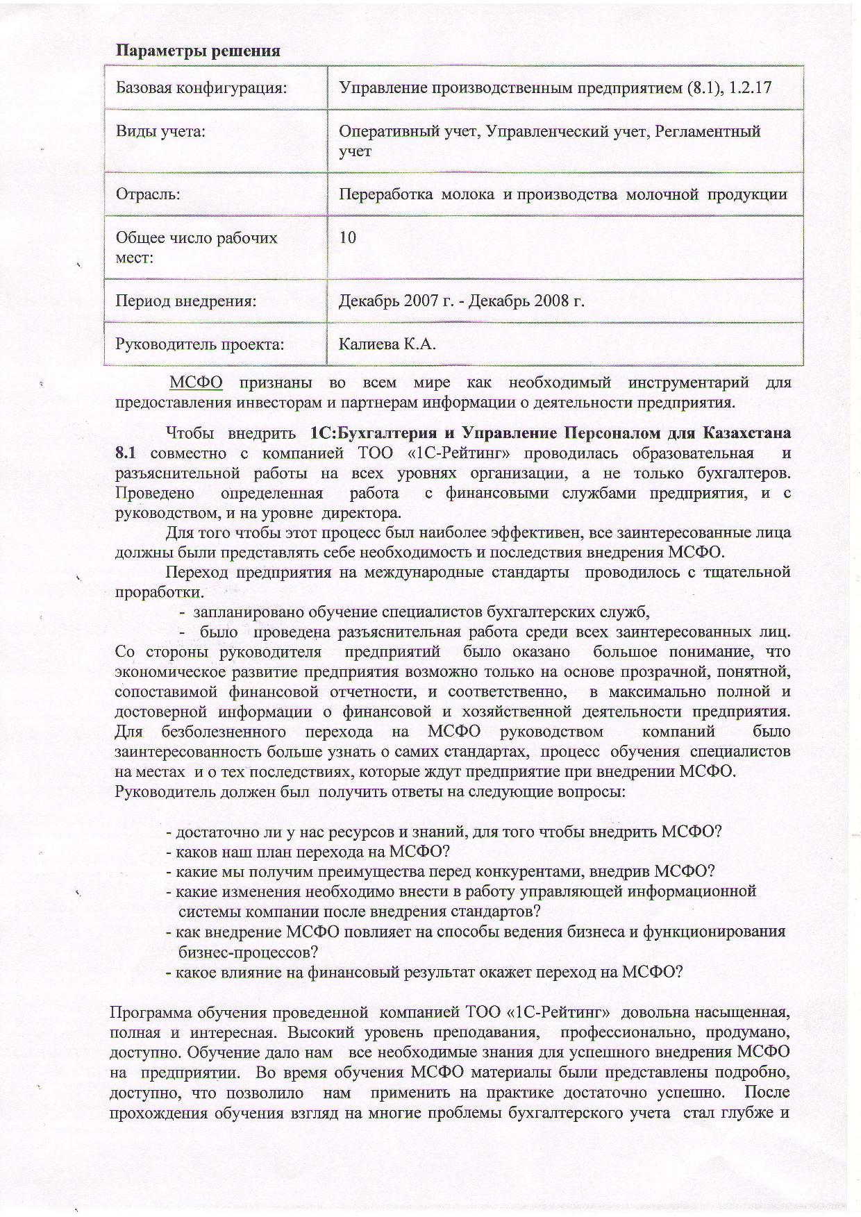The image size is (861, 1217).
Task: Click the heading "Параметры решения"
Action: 198,51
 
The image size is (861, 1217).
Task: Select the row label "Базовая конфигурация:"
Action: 201,88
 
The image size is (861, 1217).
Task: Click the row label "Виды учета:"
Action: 160,131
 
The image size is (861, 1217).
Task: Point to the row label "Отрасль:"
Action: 148,194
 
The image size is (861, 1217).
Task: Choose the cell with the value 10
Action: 348,237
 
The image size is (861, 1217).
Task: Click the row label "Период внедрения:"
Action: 186,301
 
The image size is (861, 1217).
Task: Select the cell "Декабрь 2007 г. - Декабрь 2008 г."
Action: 461,301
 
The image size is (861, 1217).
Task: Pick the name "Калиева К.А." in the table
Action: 387,344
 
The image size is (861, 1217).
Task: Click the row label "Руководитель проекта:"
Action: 200,344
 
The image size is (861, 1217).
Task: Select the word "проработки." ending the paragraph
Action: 160,593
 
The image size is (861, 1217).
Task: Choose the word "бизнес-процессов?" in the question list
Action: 248,951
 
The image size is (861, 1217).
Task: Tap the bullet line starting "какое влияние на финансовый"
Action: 424,971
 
